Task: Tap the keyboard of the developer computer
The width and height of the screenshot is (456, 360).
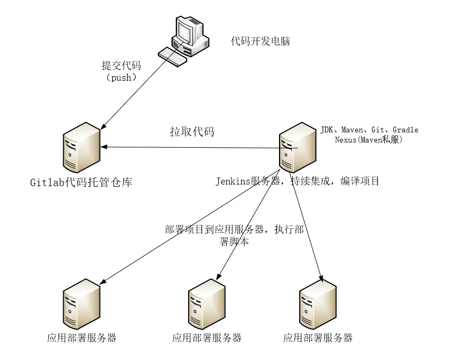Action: click(172, 56)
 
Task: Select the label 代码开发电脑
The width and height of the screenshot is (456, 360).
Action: click(260, 41)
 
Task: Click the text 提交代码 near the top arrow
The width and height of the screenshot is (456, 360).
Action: click(122, 66)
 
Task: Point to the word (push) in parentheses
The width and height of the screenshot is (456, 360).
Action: click(122, 78)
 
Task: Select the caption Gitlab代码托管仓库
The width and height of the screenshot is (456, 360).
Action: click(81, 182)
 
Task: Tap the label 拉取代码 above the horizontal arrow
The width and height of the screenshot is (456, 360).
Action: click(192, 132)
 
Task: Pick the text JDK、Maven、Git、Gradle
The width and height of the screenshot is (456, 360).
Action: click(369, 130)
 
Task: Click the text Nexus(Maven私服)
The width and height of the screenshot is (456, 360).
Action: click(368, 140)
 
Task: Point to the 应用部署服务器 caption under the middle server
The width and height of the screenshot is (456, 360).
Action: click(207, 338)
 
